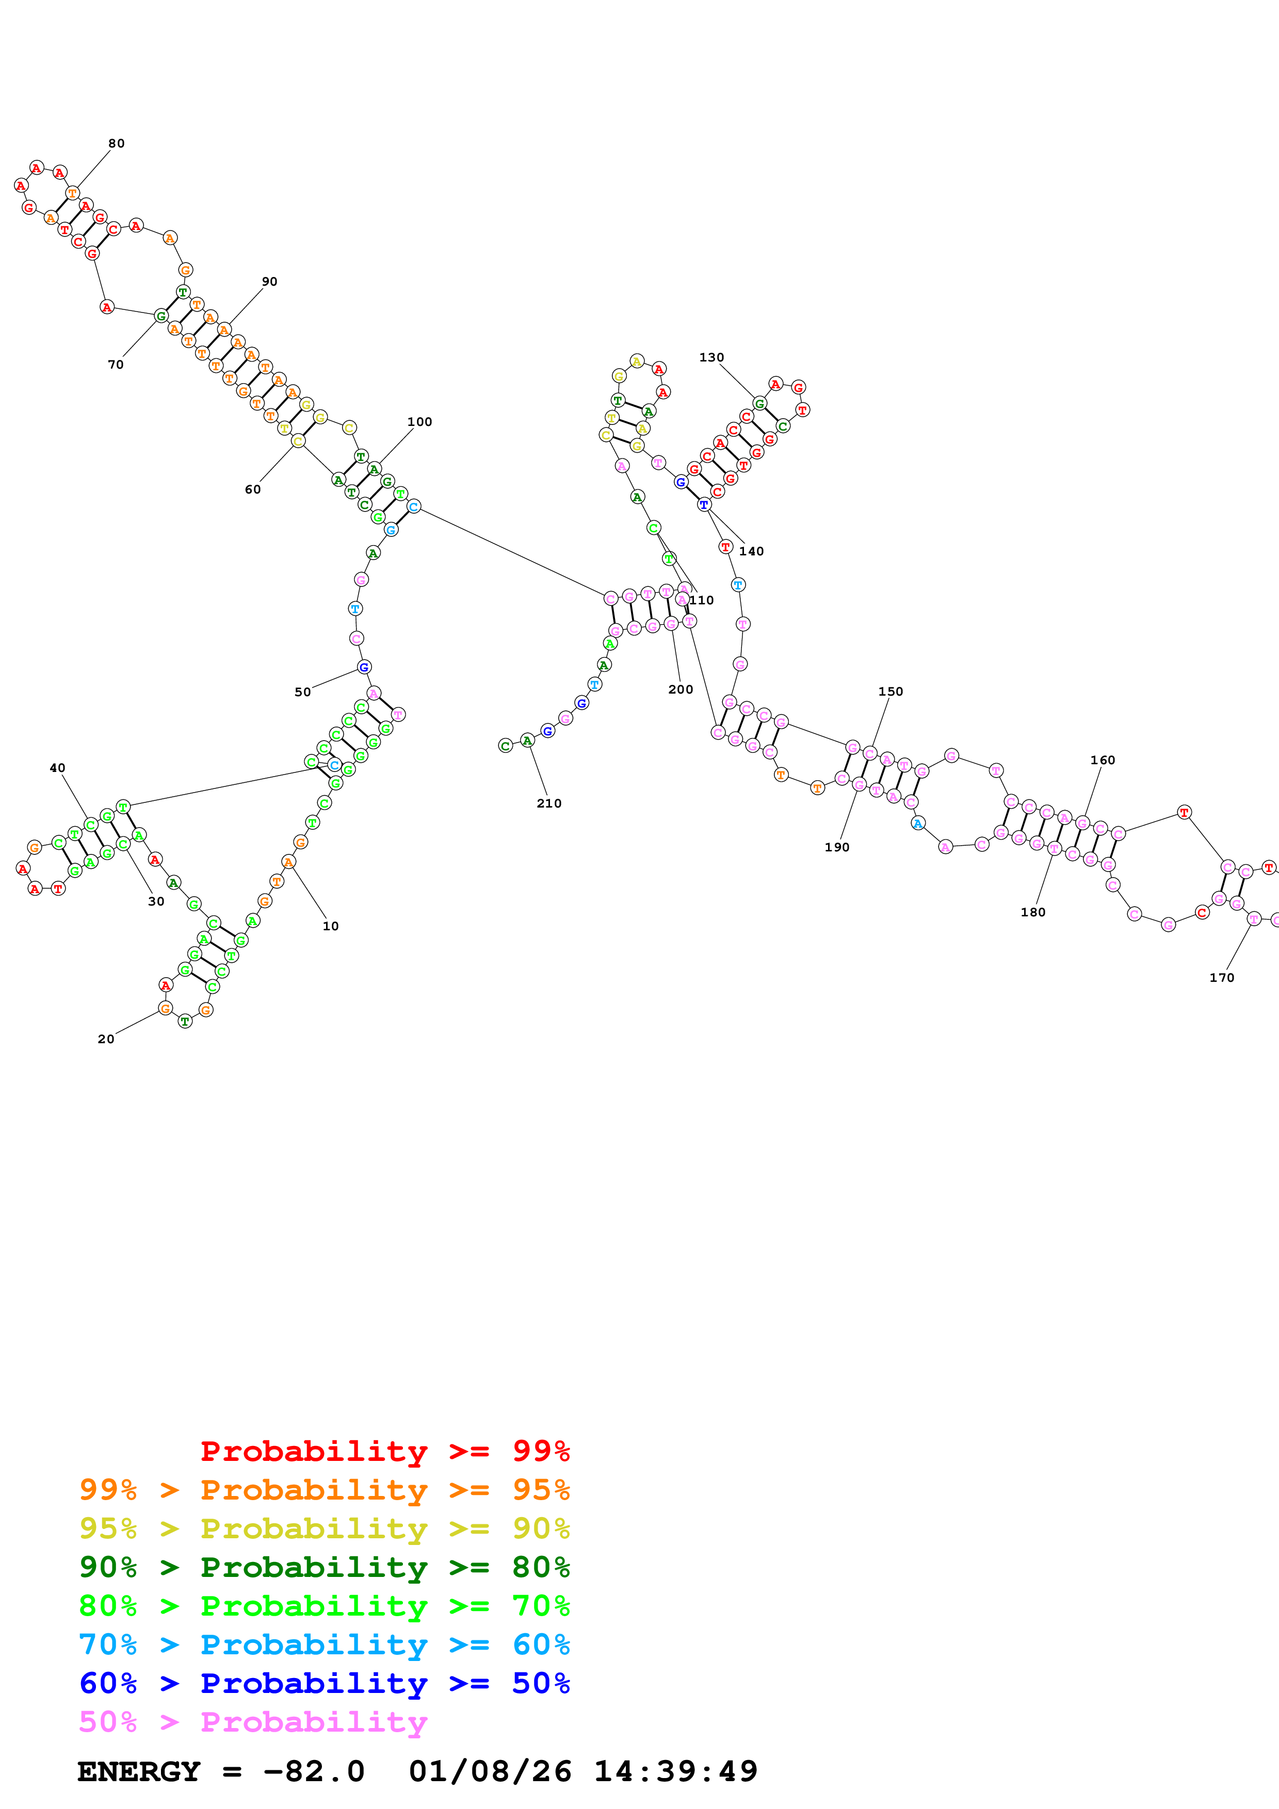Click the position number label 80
pyautogui.click(x=117, y=143)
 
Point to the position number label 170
pyautogui.click(x=1221, y=978)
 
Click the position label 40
pyautogui.click(x=58, y=768)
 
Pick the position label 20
pyautogui.click(x=106, y=1039)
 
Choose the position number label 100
pyautogui.click(x=419, y=422)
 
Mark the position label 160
pyautogui.click(x=1103, y=760)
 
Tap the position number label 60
pyautogui.click(x=252, y=490)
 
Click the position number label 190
pyautogui.click(x=837, y=848)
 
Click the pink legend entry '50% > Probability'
pyautogui.click(x=253, y=1721)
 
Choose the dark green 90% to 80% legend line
pyautogui.click(x=325, y=1567)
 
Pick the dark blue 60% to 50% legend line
pyautogui.click(x=325, y=1683)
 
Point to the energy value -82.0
pyautogui.click(x=314, y=1771)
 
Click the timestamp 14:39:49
pyautogui.click(x=675, y=1771)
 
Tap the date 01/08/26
pyautogui.click(x=490, y=1771)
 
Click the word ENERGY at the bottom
pyautogui.click(x=139, y=1771)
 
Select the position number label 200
pyautogui.click(x=680, y=689)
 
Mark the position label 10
pyautogui.click(x=330, y=927)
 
